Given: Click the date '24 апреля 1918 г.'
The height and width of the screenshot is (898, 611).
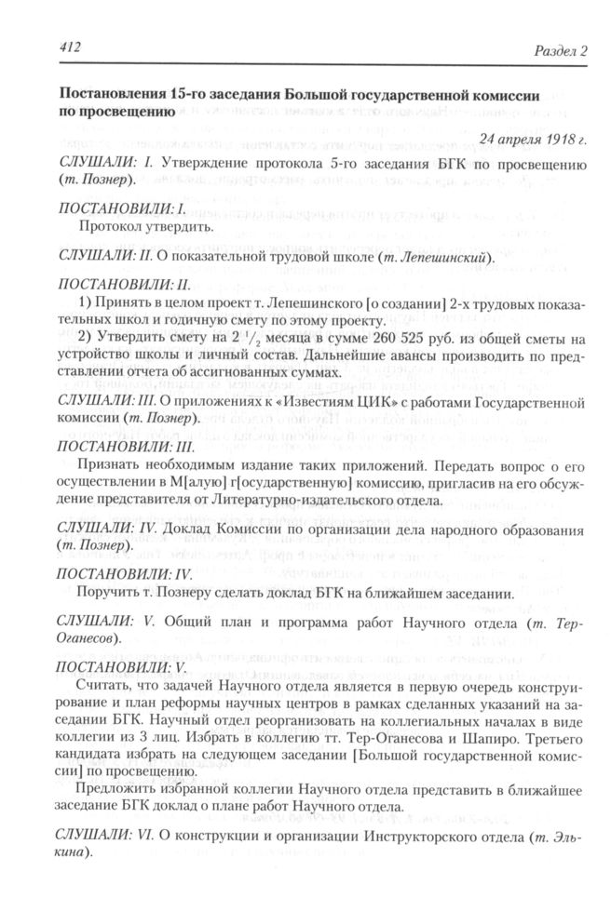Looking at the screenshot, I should pyautogui.click(x=533, y=140).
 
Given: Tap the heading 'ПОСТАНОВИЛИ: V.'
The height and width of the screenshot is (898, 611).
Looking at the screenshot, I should pyautogui.click(x=115, y=666).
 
